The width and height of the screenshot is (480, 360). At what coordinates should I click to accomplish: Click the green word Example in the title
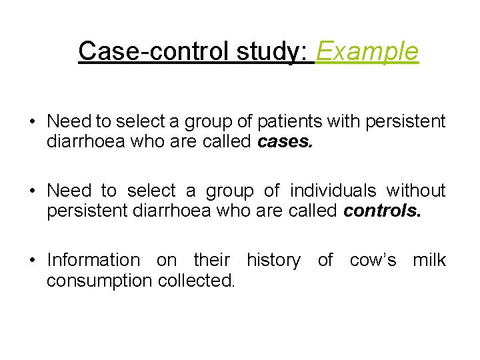[x=367, y=51]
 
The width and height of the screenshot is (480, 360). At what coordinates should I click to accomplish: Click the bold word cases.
[x=283, y=142]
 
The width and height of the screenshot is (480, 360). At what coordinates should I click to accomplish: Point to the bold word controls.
[x=382, y=211]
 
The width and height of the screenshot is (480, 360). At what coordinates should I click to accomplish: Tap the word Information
[x=93, y=260]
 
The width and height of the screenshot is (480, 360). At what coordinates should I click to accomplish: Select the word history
[x=273, y=260]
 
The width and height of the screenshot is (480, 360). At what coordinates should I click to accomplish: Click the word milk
[x=429, y=260]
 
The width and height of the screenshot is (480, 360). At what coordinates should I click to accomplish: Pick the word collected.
[x=197, y=281]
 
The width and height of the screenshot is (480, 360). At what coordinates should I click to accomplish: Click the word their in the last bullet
[x=211, y=260]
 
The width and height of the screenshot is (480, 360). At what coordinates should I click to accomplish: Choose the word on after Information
[x=166, y=260]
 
